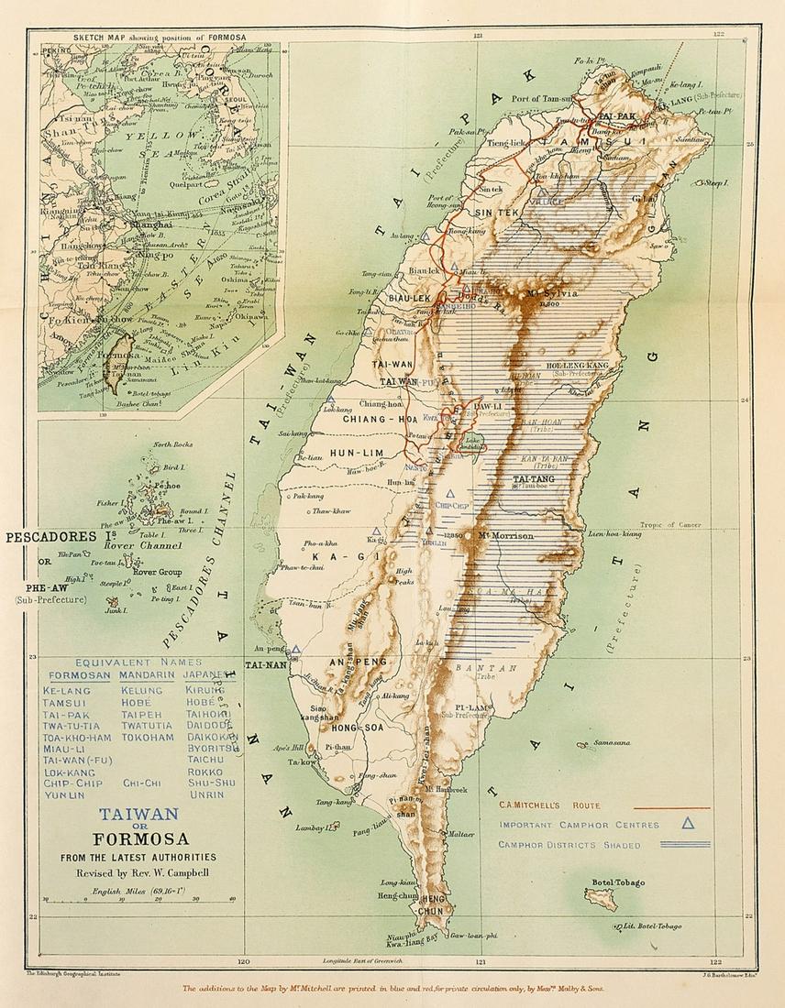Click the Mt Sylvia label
coord(548,293)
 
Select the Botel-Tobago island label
coord(619,882)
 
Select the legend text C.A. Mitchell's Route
coord(549,805)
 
